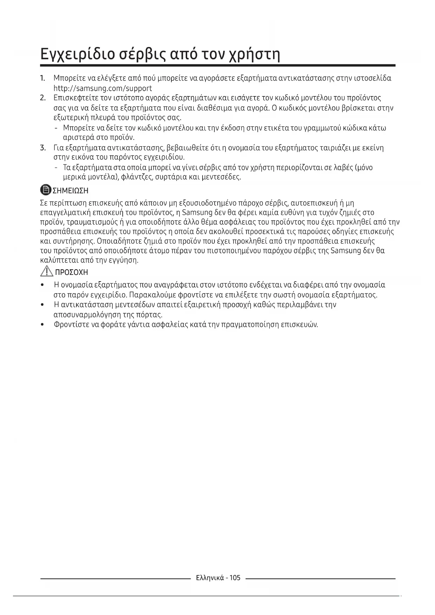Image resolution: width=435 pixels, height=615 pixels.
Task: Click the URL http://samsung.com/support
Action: tap(103, 88)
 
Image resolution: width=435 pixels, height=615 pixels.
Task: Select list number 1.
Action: tap(43, 78)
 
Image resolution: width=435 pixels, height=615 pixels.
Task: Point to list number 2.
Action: tap(43, 98)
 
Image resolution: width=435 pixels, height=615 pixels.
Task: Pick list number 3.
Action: tap(43, 148)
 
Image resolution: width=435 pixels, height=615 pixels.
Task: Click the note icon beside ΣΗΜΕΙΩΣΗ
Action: tap(46, 190)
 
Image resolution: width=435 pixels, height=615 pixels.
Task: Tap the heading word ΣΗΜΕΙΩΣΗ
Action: tap(70, 191)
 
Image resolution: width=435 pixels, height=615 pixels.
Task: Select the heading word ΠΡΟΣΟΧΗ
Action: tap(72, 272)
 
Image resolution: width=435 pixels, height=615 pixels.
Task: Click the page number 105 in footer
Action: tap(235, 578)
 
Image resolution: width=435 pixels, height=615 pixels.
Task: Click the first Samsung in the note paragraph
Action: tap(198, 213)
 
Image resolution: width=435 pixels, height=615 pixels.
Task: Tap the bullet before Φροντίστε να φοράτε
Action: tap(42, 325)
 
